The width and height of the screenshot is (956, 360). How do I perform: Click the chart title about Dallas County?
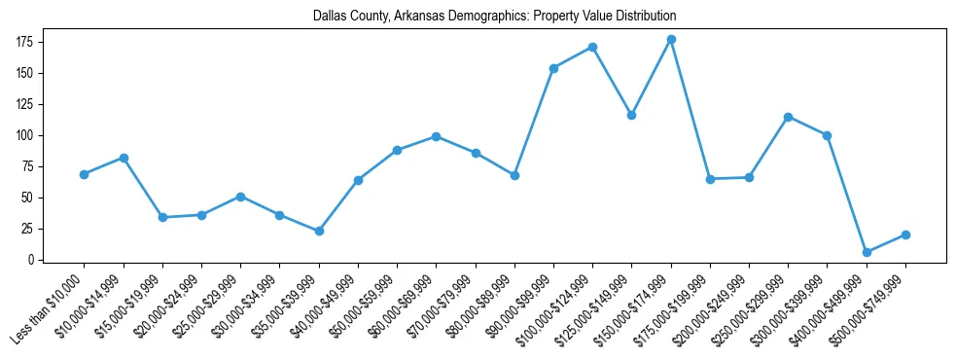(x=495, y=17)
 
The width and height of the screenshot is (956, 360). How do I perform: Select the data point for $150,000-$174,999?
(x=671, y=39)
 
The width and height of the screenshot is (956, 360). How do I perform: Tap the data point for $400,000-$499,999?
(x=867, y=252)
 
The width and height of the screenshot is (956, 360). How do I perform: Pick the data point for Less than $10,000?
(x=85, y=174)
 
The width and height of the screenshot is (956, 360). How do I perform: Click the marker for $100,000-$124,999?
(x=592, y=47)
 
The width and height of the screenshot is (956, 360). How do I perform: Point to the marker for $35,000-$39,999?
(x=319, y=231)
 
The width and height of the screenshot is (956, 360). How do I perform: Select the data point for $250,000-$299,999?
(x=788, y=117)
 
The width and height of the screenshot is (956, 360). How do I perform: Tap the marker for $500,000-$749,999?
(x=905, y=234)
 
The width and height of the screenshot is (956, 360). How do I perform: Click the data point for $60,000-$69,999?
(x=437, y=136)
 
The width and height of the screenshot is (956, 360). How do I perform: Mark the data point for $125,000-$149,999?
(x=631, y=115)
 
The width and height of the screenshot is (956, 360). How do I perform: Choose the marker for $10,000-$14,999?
(x=124, y=158)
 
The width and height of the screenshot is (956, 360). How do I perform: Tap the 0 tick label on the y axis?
(x=33, y=260)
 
